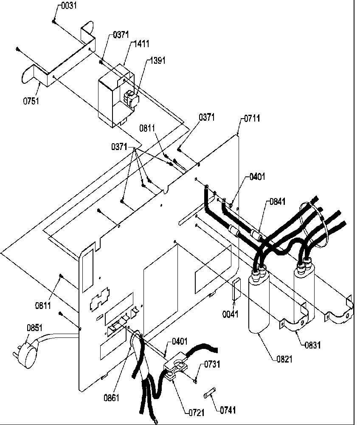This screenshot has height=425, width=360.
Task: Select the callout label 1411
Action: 142,44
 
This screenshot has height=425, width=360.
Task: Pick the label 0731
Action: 213,364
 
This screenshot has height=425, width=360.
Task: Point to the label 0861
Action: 111,398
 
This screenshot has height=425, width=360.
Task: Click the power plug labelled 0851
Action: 25,344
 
